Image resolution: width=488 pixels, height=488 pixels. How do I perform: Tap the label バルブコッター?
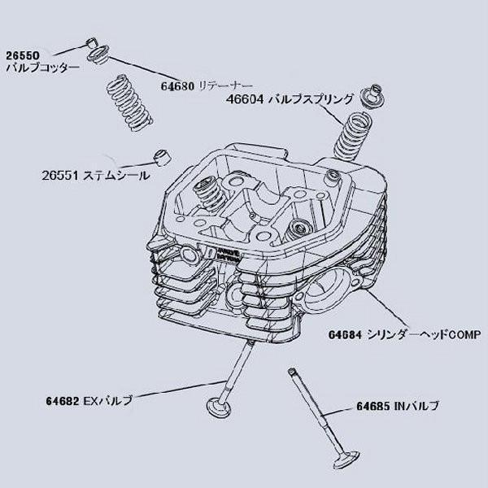coord(42,68)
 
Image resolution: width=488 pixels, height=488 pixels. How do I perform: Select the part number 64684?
coord(346,334)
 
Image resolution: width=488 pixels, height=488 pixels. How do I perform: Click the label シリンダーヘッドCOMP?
coord(424,334)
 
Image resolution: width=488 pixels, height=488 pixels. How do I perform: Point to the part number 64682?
coord(63,401)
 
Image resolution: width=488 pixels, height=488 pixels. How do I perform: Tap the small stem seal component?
coord(162,155)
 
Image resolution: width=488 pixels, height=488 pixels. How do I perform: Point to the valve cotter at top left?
coord(93,43)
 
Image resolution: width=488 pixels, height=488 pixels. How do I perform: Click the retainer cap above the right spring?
coord(373,94)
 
